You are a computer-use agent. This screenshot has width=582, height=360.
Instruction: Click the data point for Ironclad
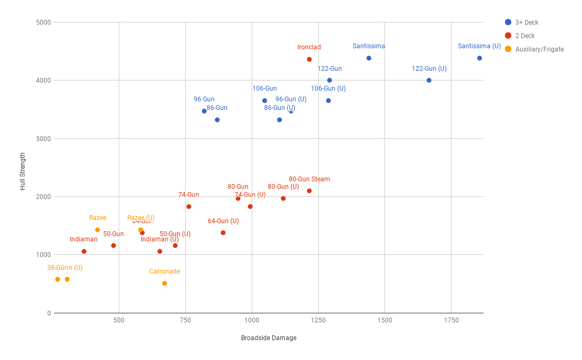[309, 60]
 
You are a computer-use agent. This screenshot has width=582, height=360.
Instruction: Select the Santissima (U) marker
[479, 58]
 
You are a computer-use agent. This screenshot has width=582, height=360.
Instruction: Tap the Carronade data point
[164, 283]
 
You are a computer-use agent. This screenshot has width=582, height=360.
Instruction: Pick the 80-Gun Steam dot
[309, 191]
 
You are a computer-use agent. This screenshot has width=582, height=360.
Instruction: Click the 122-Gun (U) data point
[429, 80]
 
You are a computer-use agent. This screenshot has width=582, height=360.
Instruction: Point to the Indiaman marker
[84, 252]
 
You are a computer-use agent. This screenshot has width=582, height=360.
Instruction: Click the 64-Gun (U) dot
[223, 233]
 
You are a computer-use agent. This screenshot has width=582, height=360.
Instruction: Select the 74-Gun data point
[188, 207]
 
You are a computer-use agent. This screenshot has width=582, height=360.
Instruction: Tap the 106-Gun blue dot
[265, 101]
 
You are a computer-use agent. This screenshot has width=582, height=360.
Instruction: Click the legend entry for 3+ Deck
[527, 23]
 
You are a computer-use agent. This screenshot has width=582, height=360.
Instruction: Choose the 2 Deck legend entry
[525, 36]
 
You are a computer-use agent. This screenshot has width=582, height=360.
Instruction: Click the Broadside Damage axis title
[268, 338]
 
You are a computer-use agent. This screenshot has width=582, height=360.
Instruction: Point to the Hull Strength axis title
[23, 172]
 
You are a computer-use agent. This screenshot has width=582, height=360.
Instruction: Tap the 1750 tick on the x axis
[451, 320]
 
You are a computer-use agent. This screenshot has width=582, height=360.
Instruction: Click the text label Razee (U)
[141, 218]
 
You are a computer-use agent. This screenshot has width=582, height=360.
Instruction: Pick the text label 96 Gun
[204, 99]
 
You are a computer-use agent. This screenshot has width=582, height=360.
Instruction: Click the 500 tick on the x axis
[119, 320]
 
